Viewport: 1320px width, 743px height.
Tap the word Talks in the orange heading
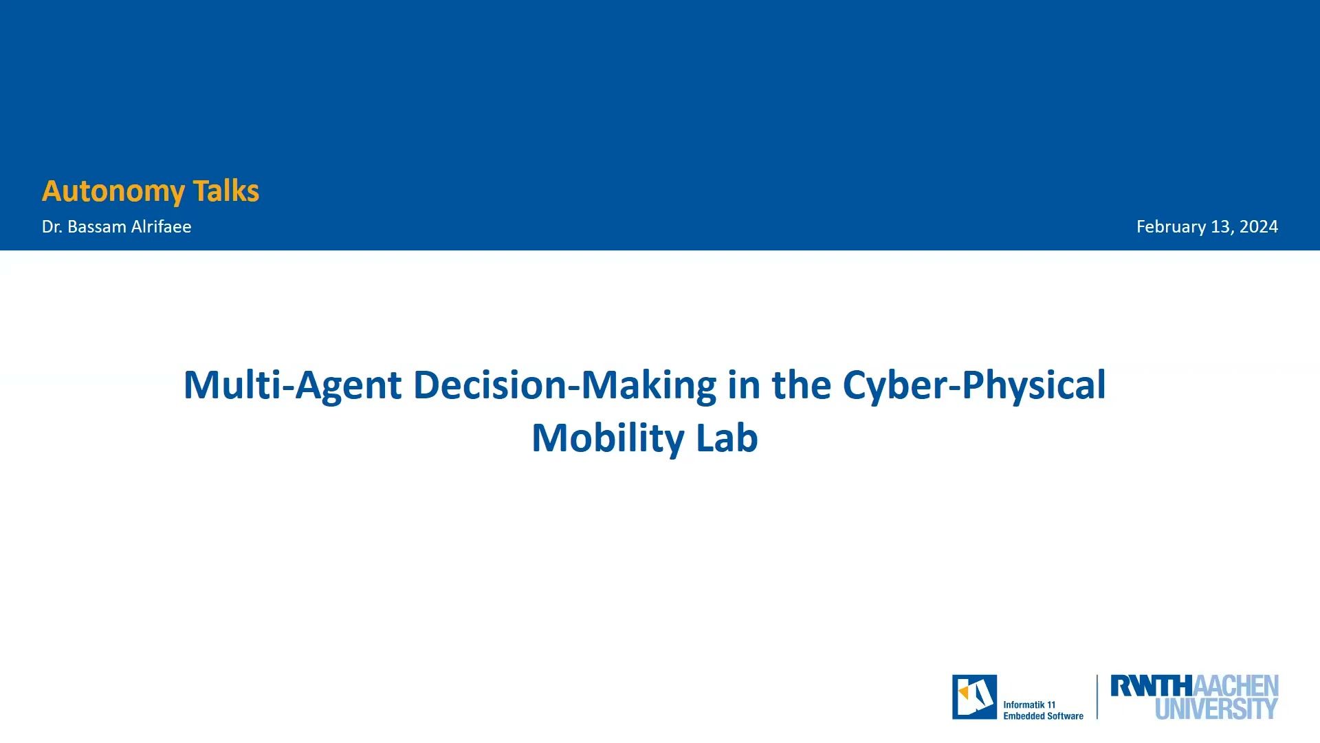(x=225, y=191)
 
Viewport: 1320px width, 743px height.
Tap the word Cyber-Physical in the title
(x=973, y=385)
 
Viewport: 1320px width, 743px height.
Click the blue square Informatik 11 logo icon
(x=974, y=697)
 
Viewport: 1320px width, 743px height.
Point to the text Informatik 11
(x=1028, y=704)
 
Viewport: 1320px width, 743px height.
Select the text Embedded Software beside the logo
(x=1043, y=716)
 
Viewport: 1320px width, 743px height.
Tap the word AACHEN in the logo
(x=1235, y=686)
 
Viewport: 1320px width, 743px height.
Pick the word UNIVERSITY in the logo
(x=1216, y=709)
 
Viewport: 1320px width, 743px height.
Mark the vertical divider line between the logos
(x=1097, y=697)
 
